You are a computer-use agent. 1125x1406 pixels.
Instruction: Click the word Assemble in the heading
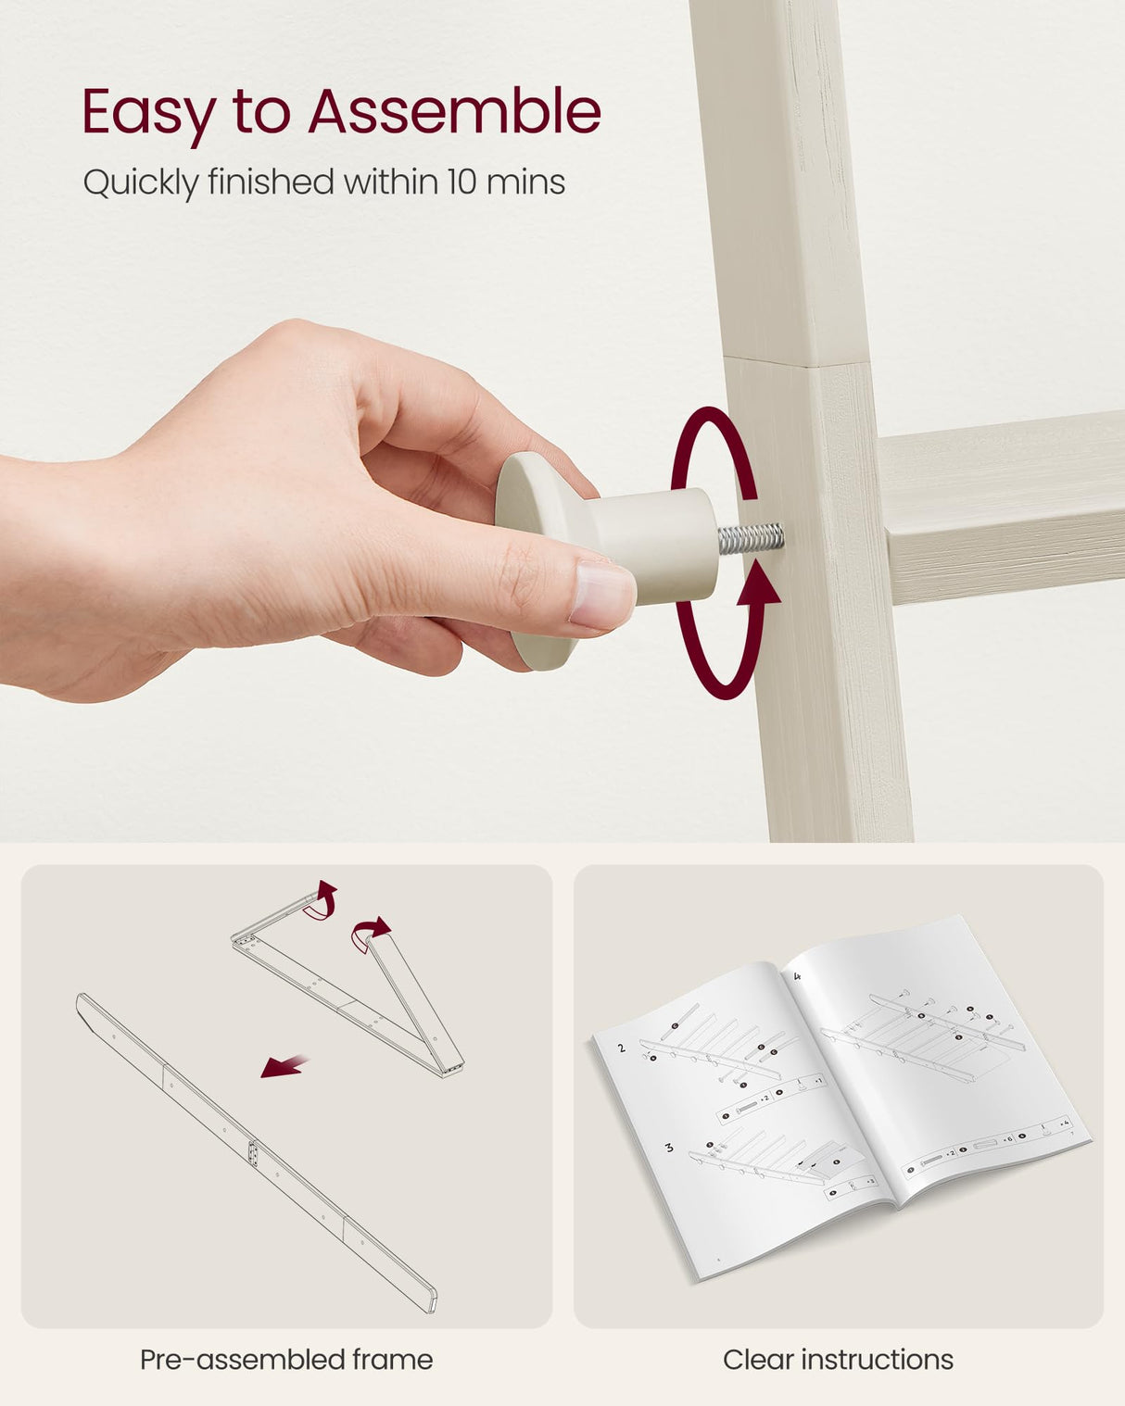point(454,112)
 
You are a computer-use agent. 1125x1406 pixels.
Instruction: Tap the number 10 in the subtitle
point(461,182)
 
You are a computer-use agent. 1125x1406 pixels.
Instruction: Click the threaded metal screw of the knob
point(751,538)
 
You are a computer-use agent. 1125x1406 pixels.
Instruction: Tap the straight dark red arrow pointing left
point(284,1066)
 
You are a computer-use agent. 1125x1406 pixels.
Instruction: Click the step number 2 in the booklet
point(622,1048)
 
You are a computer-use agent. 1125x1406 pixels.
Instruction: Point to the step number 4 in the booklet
point(798,977)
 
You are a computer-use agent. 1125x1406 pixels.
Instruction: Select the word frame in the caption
point(393,1361)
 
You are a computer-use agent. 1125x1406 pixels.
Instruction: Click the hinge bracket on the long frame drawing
point(253,1154)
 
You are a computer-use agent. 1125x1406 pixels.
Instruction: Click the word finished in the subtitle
point(271,182)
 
